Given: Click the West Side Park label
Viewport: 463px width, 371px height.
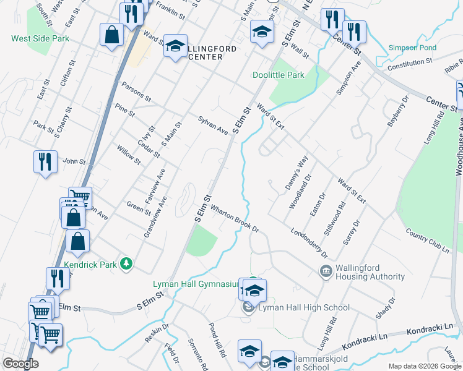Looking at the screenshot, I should [x=40, y=38].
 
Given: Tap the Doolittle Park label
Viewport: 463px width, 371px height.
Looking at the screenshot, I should [x=278, y=75].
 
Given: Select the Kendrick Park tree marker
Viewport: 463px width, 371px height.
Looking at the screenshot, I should [x=127, y=264].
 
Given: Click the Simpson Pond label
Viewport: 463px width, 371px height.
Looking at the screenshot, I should [x=412, y=48].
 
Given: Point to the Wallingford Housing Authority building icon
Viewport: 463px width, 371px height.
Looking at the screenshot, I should [x=326, y=271].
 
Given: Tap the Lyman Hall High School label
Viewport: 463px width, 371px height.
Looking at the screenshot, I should [x=304, y=307].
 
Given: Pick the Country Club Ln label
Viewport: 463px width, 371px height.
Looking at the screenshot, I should [x=427, y=240].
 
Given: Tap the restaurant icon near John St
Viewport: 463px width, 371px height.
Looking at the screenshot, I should [x=45, y=162].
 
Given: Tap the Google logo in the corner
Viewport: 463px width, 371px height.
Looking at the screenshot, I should [x=20, y=364].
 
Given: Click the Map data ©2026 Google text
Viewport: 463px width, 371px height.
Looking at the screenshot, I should [x=425, y=366].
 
